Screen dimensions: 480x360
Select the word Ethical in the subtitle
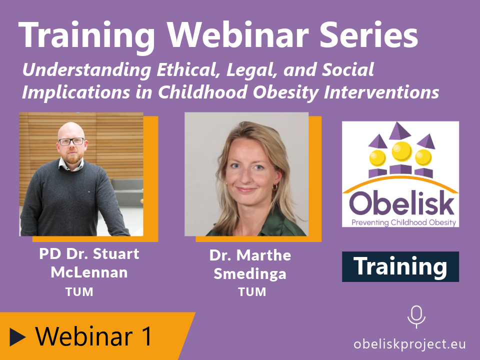[x=189, y=70]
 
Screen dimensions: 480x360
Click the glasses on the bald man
[x=71, y=141]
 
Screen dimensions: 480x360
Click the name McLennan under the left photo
[x=89, y=272]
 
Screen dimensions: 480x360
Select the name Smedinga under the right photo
[x=250, y=274]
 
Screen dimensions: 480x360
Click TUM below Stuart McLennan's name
[x=79, y=292]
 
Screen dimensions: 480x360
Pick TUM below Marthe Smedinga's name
[x=252, y=292]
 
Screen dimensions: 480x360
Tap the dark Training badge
[x=400, y=266]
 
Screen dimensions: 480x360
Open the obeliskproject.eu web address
[x=409, y=344]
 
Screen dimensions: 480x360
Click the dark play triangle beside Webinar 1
[x=17, y=336]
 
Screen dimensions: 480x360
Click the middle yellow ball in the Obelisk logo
[x=401, y=151]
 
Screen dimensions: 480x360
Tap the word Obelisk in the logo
[x=401, y=203]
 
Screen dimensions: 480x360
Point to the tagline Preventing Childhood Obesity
[x=404, y=222]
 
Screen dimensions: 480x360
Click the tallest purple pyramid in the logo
[x=399, y=130]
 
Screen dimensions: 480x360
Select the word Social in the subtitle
[x=348, y=70]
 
